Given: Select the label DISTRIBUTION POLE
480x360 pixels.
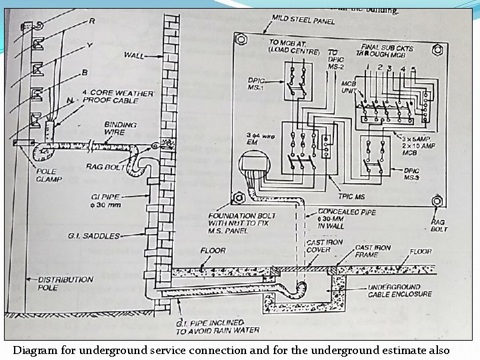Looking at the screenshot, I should click(65, 283).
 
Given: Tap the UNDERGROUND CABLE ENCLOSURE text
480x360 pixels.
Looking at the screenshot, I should click(399, 290).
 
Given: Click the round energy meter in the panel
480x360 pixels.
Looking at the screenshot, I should click(254, 166).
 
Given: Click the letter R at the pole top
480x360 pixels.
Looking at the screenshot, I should click(92, 21).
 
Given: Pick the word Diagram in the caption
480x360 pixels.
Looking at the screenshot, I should click(35, 350).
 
